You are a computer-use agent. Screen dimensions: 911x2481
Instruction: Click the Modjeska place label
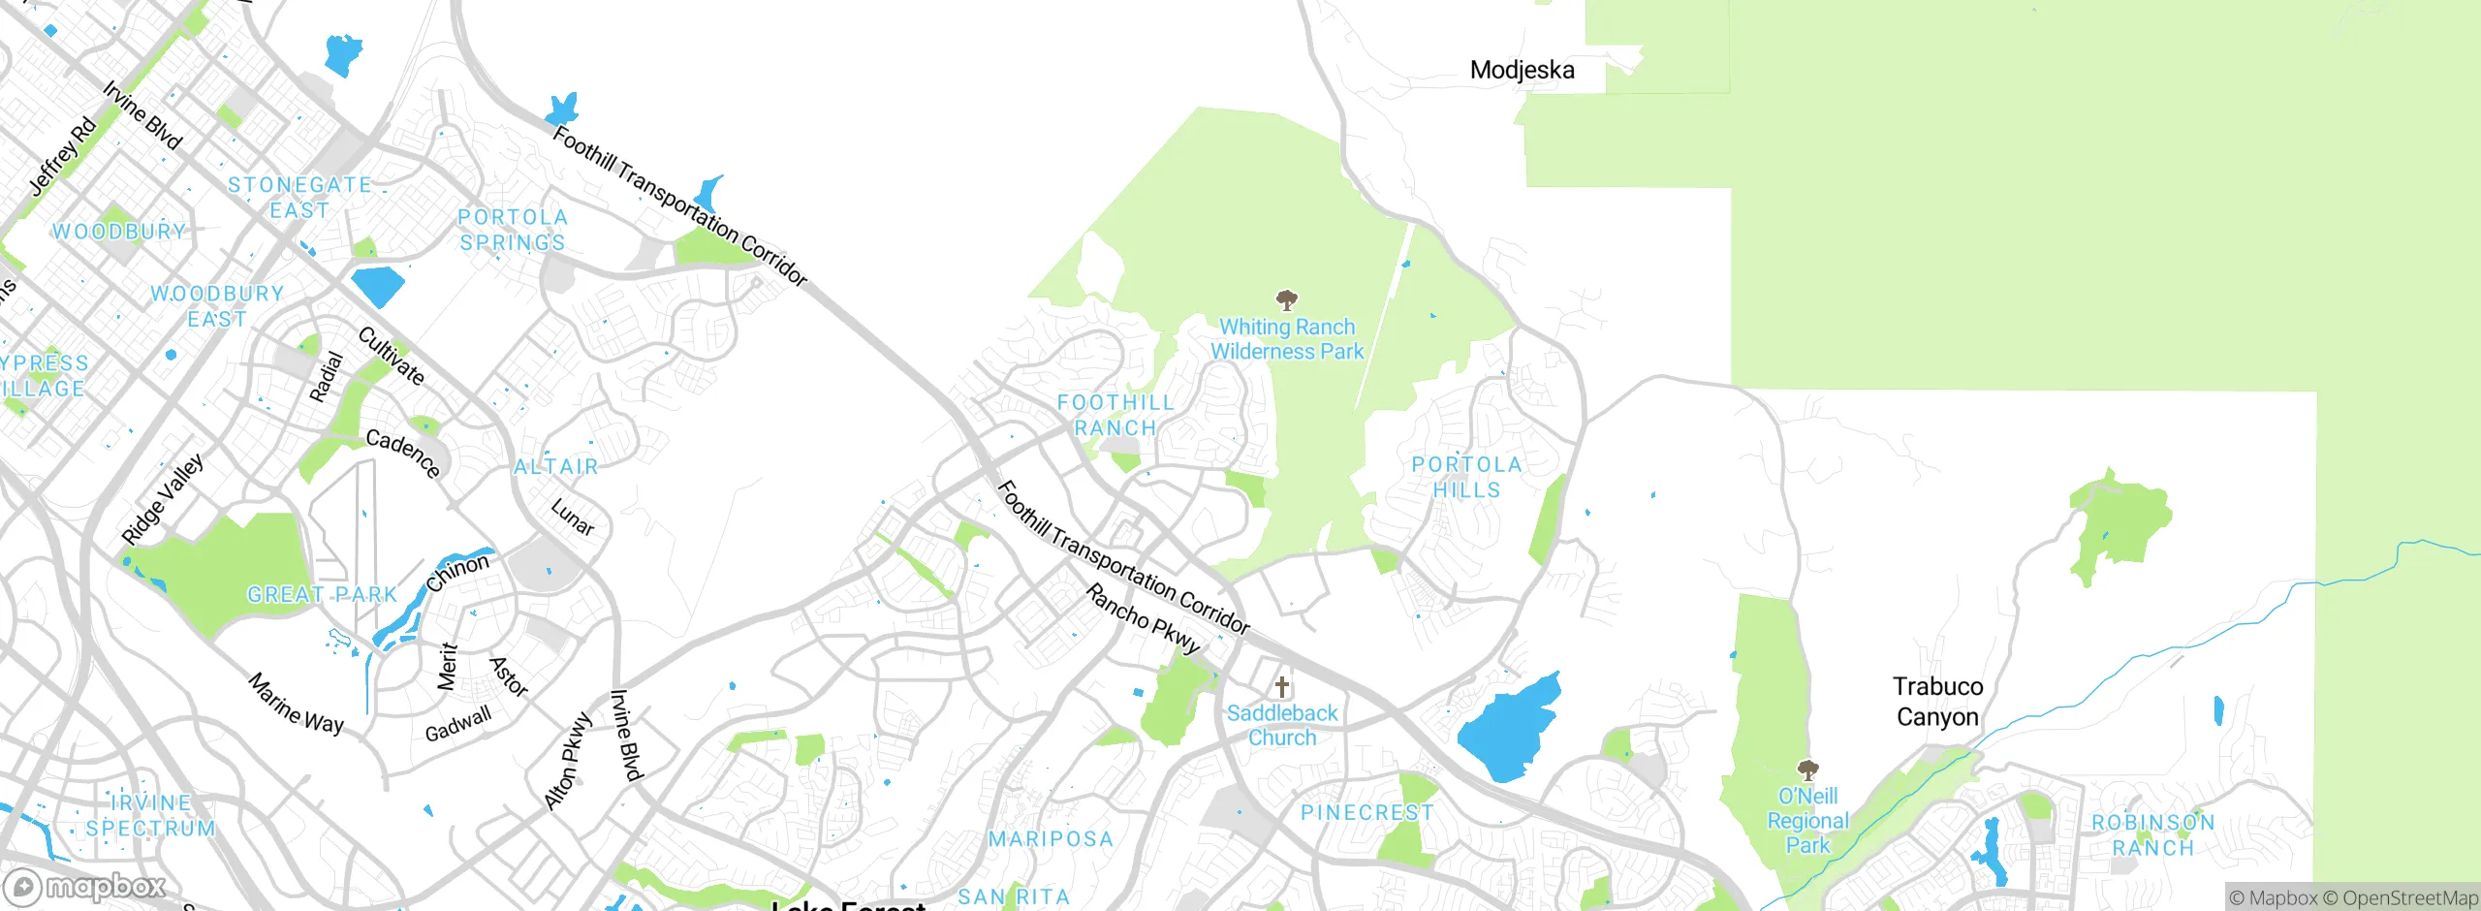tap(1522, 70)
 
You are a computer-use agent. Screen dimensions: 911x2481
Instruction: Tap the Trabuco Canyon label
tap(1937, 702)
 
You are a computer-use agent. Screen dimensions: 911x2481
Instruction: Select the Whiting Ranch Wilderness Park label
tap(1287, 339)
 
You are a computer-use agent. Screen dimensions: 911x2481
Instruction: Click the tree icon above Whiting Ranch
tap(1287, 299)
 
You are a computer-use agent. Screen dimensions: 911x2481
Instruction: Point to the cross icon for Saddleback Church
tap(1282, 687)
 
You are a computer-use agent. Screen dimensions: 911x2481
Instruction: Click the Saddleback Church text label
tap(1282, 725)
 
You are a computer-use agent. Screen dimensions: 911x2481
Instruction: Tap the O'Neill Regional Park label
tap(1807, 820)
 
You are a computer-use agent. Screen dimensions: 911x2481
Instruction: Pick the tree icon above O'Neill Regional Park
tap(1807, 770)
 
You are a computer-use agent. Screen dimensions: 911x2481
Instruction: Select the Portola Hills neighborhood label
tap(1466, 477)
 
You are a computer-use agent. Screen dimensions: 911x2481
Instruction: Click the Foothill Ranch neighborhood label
tap(1115, 415)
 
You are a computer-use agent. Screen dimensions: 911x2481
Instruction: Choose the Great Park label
tap(322, 594)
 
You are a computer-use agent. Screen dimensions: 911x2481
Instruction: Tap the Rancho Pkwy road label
tap(1144, 618)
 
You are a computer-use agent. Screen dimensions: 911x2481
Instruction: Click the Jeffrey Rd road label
tap(63, 155)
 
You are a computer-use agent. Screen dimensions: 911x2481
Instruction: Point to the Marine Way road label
tap(296, 704)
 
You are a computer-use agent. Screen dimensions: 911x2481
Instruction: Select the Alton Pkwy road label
tap(568, 761)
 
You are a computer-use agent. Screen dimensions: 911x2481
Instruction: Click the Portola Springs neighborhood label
tap(513, 230)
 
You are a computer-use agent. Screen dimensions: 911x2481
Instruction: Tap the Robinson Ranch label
tap(2152, 834)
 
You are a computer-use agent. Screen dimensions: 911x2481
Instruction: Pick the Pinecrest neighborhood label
tap(1366, 812)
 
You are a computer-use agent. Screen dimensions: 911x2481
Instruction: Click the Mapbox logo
tap(85, 887)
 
